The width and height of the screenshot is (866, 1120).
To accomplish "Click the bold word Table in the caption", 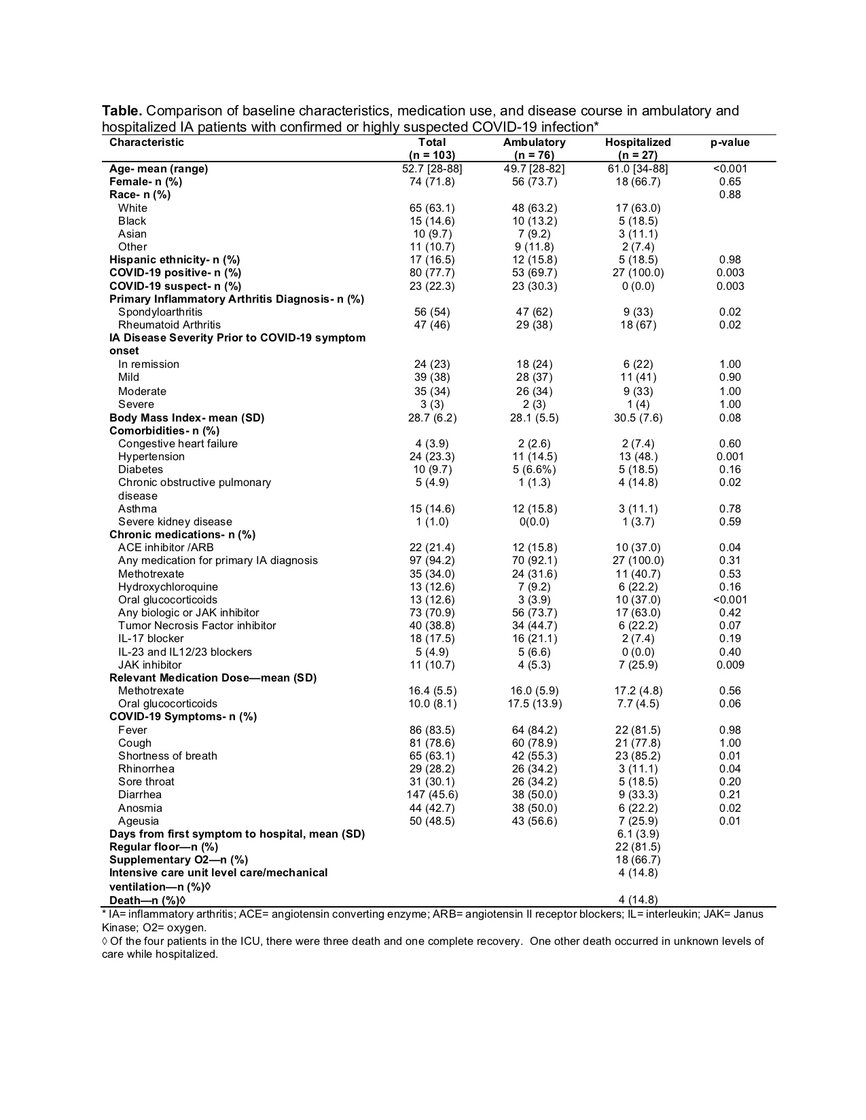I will pos(122,111).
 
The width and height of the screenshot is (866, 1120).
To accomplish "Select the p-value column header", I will pos(729,143).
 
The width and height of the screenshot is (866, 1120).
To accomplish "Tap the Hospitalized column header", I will pos(637,143).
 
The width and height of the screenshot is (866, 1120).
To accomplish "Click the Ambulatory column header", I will pos(534,143).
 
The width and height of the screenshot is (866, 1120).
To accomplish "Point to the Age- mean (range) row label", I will pos(158,169).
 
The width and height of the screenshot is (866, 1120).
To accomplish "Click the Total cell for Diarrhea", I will pos(432,795).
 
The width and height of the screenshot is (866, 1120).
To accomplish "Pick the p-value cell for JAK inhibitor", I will pos(729,665).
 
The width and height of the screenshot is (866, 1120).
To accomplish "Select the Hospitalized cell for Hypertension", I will pos(637,457).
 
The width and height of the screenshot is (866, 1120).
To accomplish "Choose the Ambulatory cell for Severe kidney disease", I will pos(534,522).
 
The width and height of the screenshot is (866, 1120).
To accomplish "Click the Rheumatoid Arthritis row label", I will pos(169,325).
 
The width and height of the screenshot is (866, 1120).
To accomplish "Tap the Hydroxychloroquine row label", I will pos(168,587).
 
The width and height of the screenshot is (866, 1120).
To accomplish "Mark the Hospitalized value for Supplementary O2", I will pos(637,860).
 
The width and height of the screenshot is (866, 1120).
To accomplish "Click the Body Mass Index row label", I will pos(187,418).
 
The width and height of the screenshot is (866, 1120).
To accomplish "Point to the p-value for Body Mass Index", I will pos(729,418).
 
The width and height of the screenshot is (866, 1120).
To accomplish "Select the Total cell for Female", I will pos(432,182).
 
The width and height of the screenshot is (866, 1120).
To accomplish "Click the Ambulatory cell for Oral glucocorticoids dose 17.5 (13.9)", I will pos(535,704).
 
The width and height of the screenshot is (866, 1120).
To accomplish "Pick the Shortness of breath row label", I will pos(168,756).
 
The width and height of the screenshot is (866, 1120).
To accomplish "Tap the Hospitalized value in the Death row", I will pos(637,900).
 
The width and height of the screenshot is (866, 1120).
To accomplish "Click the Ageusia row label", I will pos(139,821).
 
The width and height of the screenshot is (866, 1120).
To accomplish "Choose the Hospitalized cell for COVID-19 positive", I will pos(637,273).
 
